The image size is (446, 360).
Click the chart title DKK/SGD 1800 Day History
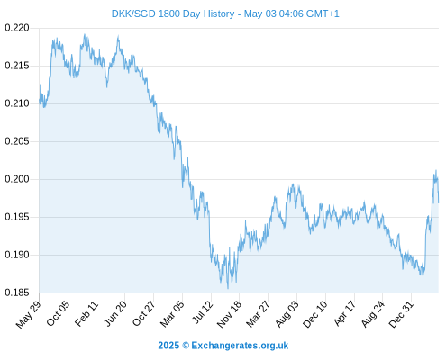(x=173, y=13)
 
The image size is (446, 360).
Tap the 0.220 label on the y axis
(x=17, y=28)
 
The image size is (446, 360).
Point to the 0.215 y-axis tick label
(x=17, y=66)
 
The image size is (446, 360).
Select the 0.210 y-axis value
(x=17, y=103)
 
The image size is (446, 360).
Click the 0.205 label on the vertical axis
(x=17, y=141)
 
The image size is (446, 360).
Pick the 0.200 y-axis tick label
(x=17, y=179)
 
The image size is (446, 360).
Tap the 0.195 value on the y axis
(x=17, y=217)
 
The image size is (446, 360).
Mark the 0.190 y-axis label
(x=17, y=255)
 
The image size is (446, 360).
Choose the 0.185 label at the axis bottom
(x=17, y=292)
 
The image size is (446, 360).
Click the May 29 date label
(x=28, y=314)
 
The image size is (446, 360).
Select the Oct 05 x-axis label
(x=58, y=313)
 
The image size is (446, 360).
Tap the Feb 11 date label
(x=86, y=313)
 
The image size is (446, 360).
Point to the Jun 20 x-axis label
(x=115, y=313)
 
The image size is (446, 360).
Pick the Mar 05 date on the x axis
(x=172, y=313)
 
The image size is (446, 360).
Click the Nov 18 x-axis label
(x=229, y=314)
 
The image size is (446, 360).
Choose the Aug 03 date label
(x=287, y=313)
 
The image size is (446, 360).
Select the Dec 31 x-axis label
(x=401, y=314)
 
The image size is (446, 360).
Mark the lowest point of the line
(x=228, y=289)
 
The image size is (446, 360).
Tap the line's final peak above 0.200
(x=436, y=170)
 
